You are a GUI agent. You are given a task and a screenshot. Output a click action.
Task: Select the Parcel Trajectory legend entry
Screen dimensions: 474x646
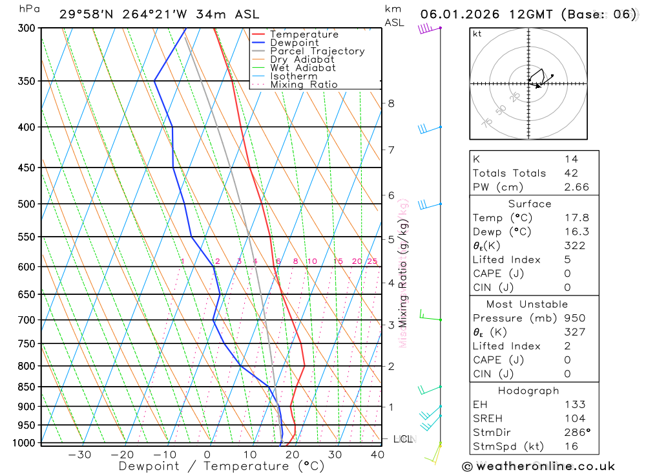point(317,51)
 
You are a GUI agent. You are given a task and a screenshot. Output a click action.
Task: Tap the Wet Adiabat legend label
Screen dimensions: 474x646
point(303,68)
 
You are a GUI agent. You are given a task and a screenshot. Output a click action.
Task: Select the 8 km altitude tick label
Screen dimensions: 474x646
point(391,103)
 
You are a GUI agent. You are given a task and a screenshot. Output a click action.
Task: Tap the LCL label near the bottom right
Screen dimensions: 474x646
point(403,440)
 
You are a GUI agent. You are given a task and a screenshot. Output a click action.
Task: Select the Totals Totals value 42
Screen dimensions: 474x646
point(571,173)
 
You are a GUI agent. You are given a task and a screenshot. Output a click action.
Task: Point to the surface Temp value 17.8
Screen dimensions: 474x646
point(576,218)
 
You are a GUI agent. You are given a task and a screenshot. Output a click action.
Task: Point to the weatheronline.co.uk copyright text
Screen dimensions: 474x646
point(538,466)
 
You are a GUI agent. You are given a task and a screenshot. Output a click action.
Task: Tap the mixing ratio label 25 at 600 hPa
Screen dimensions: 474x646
point(372,261)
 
